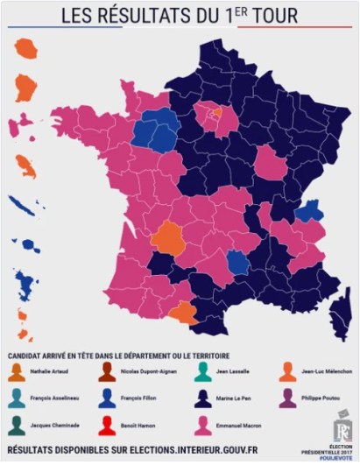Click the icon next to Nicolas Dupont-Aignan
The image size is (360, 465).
[107, 371]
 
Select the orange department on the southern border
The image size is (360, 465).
[185, 313]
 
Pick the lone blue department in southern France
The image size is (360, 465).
[237, 262]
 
